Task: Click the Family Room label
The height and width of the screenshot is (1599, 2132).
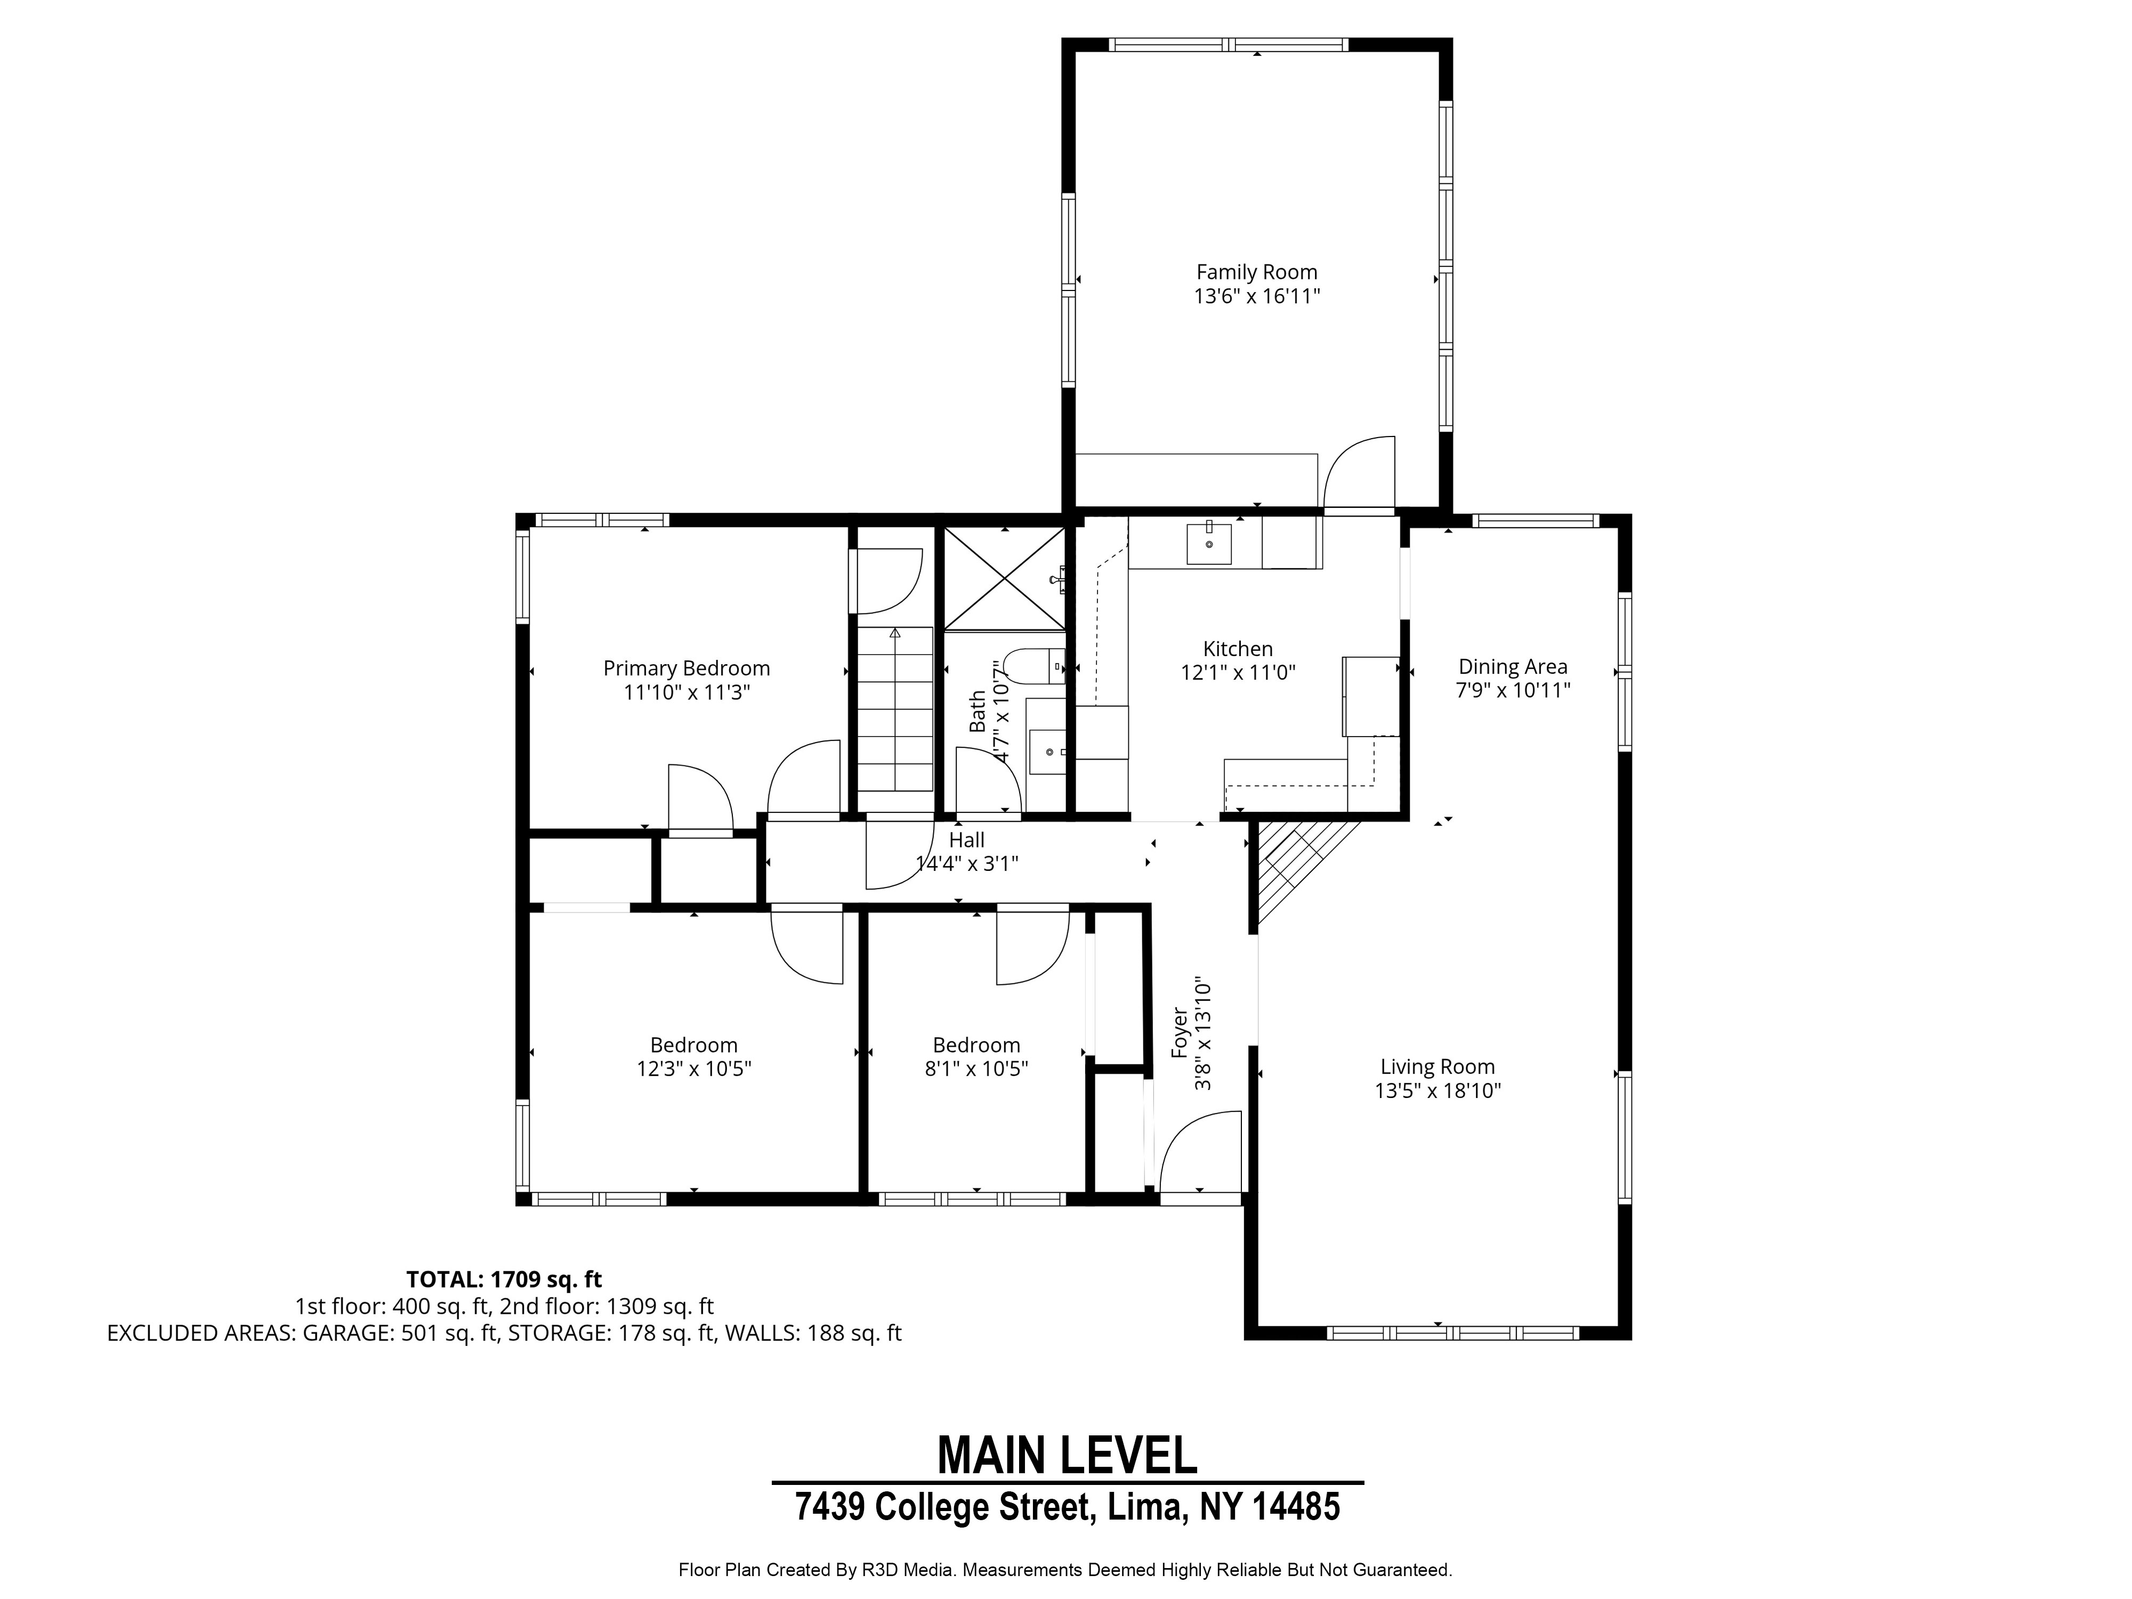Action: point(1257,273)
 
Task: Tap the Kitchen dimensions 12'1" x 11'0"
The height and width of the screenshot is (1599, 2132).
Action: point(1239,673)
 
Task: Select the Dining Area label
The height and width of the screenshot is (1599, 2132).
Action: point(1512,666)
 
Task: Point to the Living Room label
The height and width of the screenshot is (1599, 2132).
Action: point(1437,1067)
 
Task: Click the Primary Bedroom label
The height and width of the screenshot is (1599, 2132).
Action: point(687,668)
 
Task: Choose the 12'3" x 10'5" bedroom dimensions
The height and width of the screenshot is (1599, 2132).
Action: point(694,1069)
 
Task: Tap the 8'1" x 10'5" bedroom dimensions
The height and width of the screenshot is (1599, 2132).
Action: point(976,1069)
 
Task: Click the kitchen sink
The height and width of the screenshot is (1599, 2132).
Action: point(1209,543)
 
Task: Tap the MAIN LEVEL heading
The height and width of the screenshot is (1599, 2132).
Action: point(1067,1456)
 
